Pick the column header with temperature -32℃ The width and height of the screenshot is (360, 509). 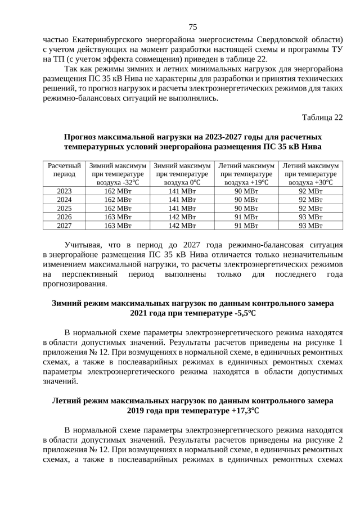[x=118, y=174]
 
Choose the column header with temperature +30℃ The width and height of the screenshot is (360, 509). [x=310, y=174]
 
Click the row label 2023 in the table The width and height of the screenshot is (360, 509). [x=64, y=191]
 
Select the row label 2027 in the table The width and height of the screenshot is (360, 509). [x=64, y=225]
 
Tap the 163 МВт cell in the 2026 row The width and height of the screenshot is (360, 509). [x=118, y=217]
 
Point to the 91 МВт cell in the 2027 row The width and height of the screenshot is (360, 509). [x=246, y=225]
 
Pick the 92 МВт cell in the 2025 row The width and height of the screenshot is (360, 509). [x=310, y=208]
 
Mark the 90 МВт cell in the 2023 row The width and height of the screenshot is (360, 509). [x=246, y=191]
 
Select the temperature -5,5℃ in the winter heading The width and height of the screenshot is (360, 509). [x=243, y=313]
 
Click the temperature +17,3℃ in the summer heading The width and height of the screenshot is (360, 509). [x=241, y=411]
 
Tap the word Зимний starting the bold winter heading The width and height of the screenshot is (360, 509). [x=66, y=303]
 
